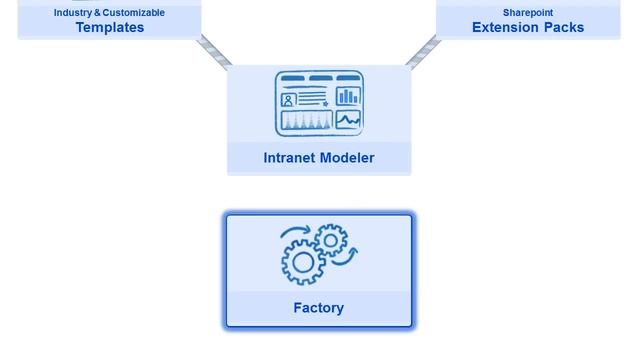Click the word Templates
point(110,28)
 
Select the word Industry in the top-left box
point(73,13)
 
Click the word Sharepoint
point(528,13)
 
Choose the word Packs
point(565,28)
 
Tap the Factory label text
point(318,308)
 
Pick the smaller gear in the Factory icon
point(331,240)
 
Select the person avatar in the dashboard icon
point(289,99)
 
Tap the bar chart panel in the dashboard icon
point(348,96)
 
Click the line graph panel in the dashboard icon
point(348,121)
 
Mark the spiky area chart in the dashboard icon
point(306,122)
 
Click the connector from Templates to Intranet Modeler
point(214,51)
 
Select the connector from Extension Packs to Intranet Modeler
point(423,51)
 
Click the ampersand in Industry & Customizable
point(97,13)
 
